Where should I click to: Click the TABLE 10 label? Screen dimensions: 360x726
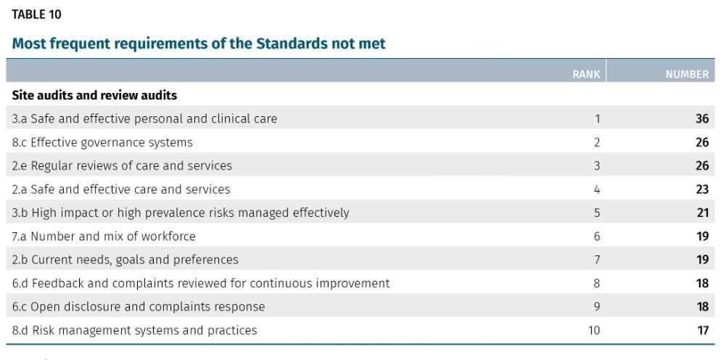[x=36, y=13]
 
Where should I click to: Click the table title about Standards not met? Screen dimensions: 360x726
[x=198, y=44]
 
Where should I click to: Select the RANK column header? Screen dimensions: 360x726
[x=586, y=74]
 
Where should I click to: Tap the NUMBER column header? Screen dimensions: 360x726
[x=687, y=74]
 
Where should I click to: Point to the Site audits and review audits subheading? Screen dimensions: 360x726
[x=94, y=95]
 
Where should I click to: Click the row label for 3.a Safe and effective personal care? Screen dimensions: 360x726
[x=144, y=118]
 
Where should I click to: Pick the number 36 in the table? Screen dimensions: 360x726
[x=701, y=118]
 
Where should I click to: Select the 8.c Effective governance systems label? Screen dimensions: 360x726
[x=102, y=142]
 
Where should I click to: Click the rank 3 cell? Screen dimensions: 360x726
[x=597, y=165]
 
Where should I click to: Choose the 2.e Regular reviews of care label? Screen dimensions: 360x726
[x=122, y=165]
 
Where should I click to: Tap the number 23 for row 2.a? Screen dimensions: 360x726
[x=701, y=189]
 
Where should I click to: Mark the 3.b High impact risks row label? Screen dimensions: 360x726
[x=180, y=213]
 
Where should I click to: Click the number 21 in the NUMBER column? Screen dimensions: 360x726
[x=701, y=213]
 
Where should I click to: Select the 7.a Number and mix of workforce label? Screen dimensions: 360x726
[x=104, y=236]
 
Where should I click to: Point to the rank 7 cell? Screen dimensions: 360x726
[x=597, y=260]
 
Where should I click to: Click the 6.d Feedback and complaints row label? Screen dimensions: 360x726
[x=200, y=283]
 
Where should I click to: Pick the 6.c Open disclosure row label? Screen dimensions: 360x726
[x=138, y=306]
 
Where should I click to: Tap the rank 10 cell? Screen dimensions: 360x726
[x=594, y=330]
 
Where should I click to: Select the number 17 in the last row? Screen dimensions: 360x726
[x=701, y=330]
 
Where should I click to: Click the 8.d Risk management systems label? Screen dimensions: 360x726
[x=134, y=330]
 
